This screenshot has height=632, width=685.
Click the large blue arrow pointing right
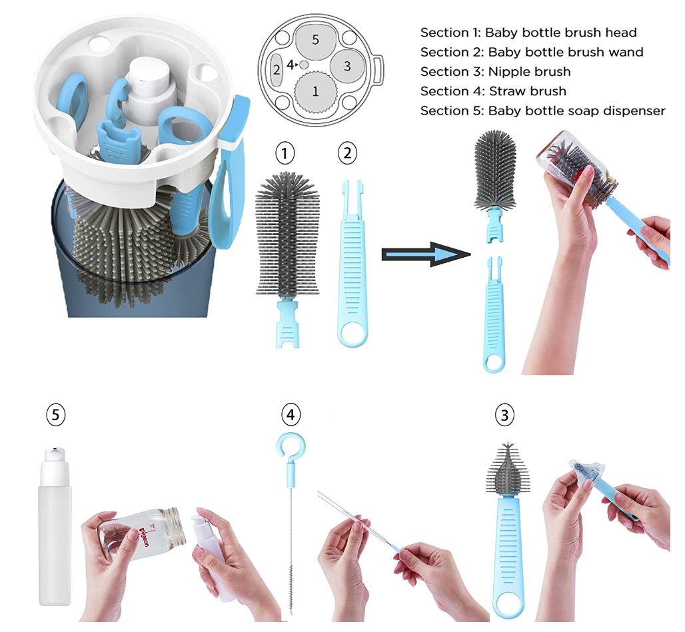(426, 254)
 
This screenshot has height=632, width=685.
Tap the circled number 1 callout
(285, 153)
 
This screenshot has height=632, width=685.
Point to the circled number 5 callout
(55, 414)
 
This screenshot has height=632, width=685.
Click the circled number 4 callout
(291, 414)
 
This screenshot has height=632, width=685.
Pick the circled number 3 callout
(504, 415)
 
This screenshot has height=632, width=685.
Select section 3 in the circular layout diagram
(347, 66)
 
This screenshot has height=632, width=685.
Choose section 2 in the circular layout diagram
(276, 70)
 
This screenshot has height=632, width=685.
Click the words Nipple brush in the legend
(530, 71)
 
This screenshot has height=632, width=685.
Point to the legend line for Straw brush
(493, 91)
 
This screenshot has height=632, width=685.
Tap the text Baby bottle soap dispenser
(576, 111)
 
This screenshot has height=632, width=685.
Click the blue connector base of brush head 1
(287, 323)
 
